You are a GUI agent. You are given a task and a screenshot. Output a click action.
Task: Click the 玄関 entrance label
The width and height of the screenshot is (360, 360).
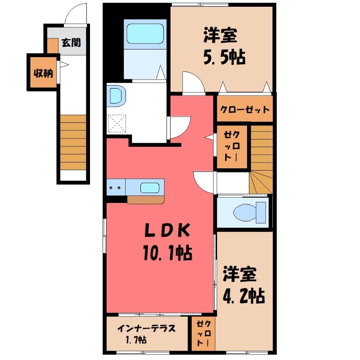click(71, 43)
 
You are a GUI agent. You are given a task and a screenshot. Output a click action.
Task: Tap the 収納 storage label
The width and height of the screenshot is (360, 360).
click(43, 72)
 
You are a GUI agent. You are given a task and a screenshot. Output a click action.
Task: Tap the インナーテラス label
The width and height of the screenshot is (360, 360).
click(146, 328)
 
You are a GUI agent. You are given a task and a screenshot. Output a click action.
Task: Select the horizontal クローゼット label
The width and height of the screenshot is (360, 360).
click(245, 109)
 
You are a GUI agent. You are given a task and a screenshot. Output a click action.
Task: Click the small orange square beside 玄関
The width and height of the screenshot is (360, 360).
click(53, 46)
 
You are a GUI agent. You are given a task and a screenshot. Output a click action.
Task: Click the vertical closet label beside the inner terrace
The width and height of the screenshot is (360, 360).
click(204, 333)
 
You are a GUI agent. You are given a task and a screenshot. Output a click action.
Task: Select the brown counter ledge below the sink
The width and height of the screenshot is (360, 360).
click(146, 200)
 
